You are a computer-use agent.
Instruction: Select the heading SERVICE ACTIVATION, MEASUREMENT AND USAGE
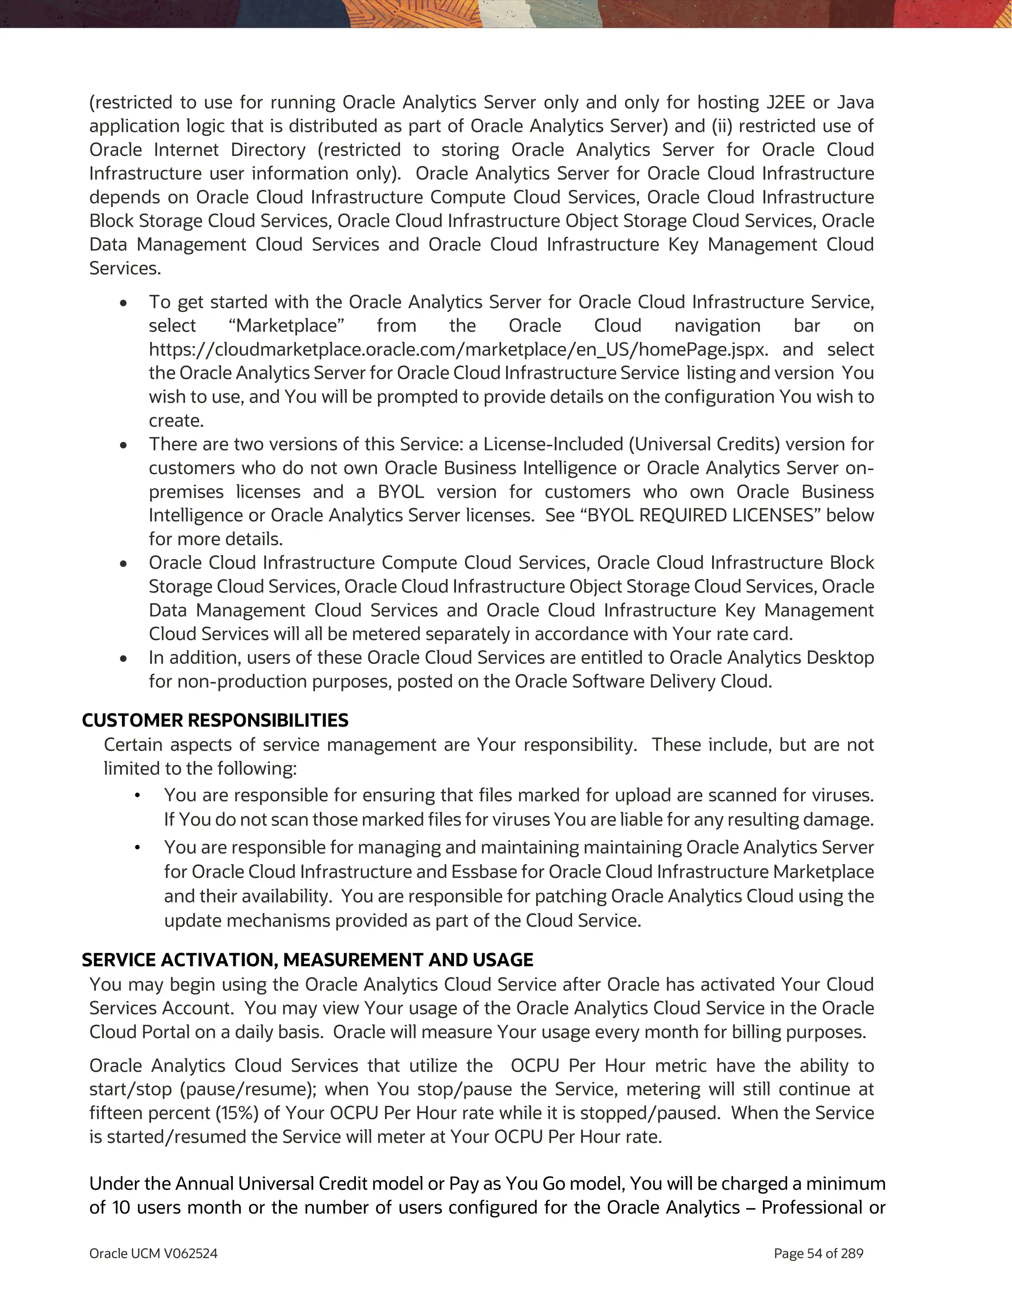pos(307,960)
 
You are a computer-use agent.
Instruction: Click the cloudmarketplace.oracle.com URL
pos(458,349)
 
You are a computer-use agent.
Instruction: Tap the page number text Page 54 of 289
pos(818,1254)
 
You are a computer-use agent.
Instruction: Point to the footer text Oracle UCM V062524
pos(153,1254)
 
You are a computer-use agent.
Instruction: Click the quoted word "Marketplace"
pos(287,326)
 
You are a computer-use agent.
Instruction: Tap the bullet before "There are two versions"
pos(123,446)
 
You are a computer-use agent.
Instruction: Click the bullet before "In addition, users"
pos(123,659)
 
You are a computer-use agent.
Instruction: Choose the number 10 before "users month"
pos(121,1208)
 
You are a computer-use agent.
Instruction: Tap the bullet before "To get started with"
pos(123,304)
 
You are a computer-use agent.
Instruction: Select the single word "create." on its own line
pos(176,421)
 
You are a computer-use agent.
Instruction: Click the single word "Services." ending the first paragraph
pos(125,268)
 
